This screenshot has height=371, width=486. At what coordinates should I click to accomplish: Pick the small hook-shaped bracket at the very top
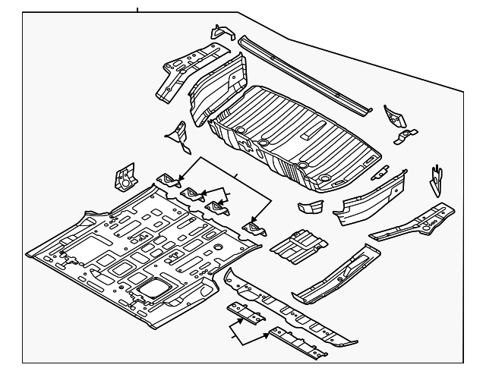[220, 33]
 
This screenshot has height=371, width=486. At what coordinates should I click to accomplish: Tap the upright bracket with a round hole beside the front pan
[123, 178]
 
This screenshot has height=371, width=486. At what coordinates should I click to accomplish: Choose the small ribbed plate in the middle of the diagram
[298, 243]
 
